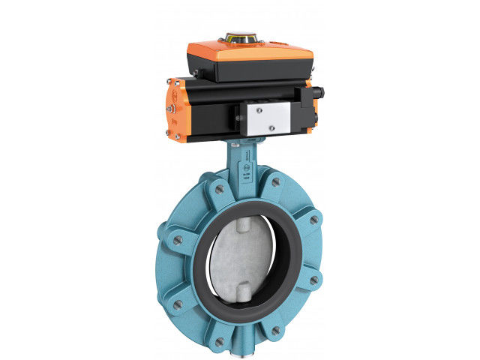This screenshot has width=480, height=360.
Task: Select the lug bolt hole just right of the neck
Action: tap(276, 182)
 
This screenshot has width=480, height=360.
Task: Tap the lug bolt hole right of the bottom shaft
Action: tap(275, 330)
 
